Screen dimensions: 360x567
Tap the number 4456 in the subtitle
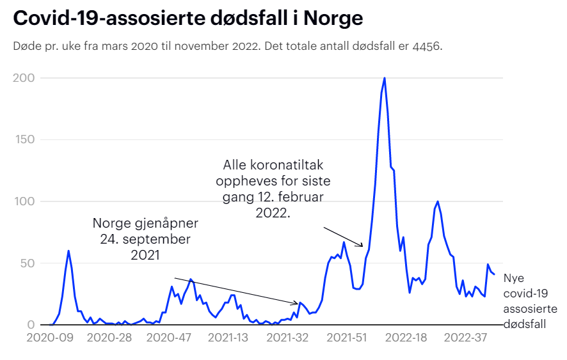pos(426,47)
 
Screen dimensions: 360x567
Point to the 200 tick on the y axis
pos(24,78)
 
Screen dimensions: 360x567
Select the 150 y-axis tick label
pos(24,140)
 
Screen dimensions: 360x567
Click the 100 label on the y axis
pos(24,201)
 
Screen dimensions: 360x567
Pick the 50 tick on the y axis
pos(27,263)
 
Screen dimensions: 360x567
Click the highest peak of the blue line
pos(384,79)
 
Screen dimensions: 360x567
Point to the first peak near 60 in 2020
pos(68,251)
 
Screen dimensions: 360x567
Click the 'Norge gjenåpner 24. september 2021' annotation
pos(146,239)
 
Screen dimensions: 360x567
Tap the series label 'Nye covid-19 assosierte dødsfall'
pos(524,301)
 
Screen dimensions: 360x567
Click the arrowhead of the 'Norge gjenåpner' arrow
pos(296,303)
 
